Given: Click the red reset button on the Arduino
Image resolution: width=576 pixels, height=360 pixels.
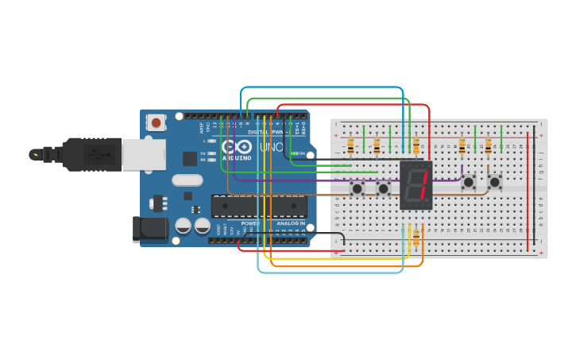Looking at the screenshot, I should coord(157,122).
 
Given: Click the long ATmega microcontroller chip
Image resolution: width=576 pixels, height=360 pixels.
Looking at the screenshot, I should coord(258,206).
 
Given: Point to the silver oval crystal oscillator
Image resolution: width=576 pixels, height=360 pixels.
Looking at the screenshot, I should coord(187,180).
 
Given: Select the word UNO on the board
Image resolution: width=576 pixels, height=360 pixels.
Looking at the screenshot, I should coord(272,148).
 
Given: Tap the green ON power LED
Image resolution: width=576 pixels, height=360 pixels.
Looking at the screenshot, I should coord(295,153).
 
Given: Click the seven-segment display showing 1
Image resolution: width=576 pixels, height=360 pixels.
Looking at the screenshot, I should coord(416,185).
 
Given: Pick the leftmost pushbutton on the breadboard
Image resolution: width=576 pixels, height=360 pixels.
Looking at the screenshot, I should coord(358,188).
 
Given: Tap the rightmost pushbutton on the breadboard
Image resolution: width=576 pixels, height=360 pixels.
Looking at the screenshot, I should coord(495,182).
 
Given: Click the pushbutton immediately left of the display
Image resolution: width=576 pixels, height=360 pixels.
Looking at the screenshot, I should coord(384,188).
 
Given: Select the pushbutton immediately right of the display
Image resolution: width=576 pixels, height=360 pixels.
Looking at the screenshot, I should coord(469,182).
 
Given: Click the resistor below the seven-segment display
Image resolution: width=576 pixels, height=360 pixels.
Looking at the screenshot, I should coord(416,237).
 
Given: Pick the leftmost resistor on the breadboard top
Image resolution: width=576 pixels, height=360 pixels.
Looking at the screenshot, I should coord(350,145).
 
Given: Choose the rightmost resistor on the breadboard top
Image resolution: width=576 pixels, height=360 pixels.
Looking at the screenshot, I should coord(488,145).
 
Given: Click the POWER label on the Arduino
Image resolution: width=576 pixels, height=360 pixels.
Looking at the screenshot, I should coord(250,224).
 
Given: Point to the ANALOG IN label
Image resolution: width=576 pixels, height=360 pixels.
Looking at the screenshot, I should coord(290,224).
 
